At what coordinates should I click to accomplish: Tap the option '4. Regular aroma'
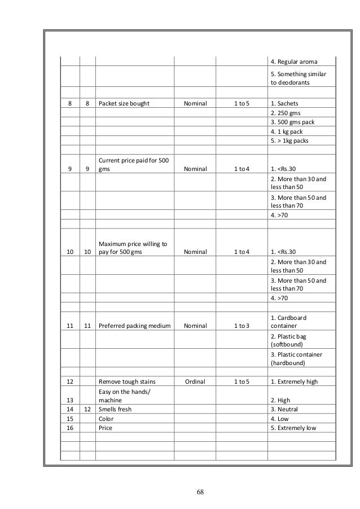coord(295,61)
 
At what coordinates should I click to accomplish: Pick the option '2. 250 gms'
coord(288,113)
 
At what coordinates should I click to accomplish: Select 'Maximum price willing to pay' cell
coord(133,248)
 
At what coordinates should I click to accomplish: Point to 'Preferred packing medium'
coord(134,325)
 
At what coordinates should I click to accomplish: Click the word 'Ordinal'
coord(195,381)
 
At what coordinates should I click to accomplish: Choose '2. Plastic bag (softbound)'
coord(292,340)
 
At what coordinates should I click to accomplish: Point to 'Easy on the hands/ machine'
coord(122,395)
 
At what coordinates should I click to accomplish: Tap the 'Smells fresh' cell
coord(115,409)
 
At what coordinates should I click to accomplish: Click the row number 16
coord(71,428)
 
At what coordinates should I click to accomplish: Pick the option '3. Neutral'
coord(285,409)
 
